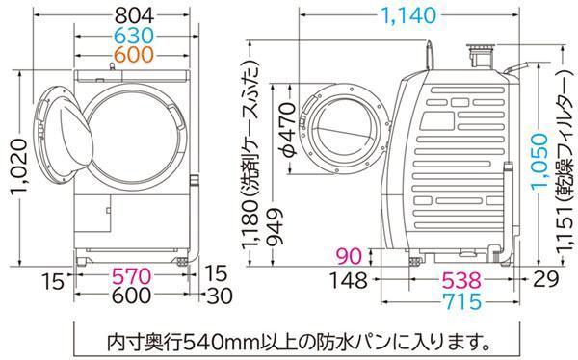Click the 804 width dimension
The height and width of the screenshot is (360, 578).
pos(134,15)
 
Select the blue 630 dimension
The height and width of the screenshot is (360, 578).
pos(134,36)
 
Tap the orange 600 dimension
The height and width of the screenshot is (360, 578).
pos(134,55)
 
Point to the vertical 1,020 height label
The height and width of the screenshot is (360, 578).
pos(18,168)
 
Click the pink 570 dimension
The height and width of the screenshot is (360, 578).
pos(132,276)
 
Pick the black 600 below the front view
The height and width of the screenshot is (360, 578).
pos(132,296)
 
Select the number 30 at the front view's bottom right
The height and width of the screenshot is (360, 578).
pos(220,296)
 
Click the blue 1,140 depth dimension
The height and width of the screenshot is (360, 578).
pos(409,15)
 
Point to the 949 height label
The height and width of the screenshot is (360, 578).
pos(275,227)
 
